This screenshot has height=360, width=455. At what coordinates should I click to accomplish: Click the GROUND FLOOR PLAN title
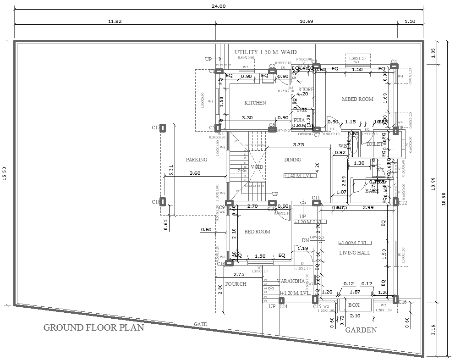[x=93, y=327]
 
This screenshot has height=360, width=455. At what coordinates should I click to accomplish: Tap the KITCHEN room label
[x=255, y=103]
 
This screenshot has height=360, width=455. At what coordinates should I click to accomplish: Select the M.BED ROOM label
[x=358, y=99]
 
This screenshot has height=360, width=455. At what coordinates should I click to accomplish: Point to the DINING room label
[x=292, y=160]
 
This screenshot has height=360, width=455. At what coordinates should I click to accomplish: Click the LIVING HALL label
[x=355, y=253]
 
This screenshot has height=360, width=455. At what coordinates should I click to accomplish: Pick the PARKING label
[x=196, y=160]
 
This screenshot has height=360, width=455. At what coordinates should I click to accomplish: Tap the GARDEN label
[x=361, y=330]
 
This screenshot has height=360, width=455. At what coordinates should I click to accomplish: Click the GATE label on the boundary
[x=200, y=324]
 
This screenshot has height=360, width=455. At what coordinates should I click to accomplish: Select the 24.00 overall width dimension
[x=219, y=6]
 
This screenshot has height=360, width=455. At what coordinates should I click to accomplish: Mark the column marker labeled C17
[x=163, y=128]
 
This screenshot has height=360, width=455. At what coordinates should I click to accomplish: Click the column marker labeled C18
[x=163, y=201]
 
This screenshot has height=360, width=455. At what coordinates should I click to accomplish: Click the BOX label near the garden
[x=354, y=305]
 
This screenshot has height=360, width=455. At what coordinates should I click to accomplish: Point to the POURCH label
[x=236, y=284]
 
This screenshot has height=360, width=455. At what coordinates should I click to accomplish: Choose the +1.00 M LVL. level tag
[x=355, y=243]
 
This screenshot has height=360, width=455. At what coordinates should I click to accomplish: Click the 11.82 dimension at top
[x=115, y=21]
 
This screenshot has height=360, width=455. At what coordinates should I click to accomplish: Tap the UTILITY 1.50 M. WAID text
[x=266, y=52]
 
